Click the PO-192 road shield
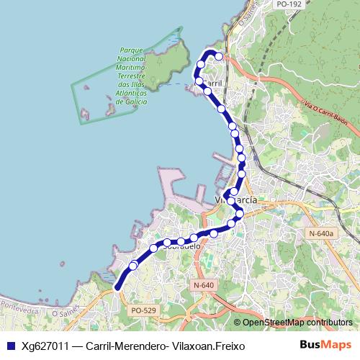click(288, 4)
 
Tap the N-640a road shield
click(320, 233)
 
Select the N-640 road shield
click(204, 286)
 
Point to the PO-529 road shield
click(143, 310)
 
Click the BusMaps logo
click(325, 346)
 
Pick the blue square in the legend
click(10, 346)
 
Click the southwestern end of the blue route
click(117, 287)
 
